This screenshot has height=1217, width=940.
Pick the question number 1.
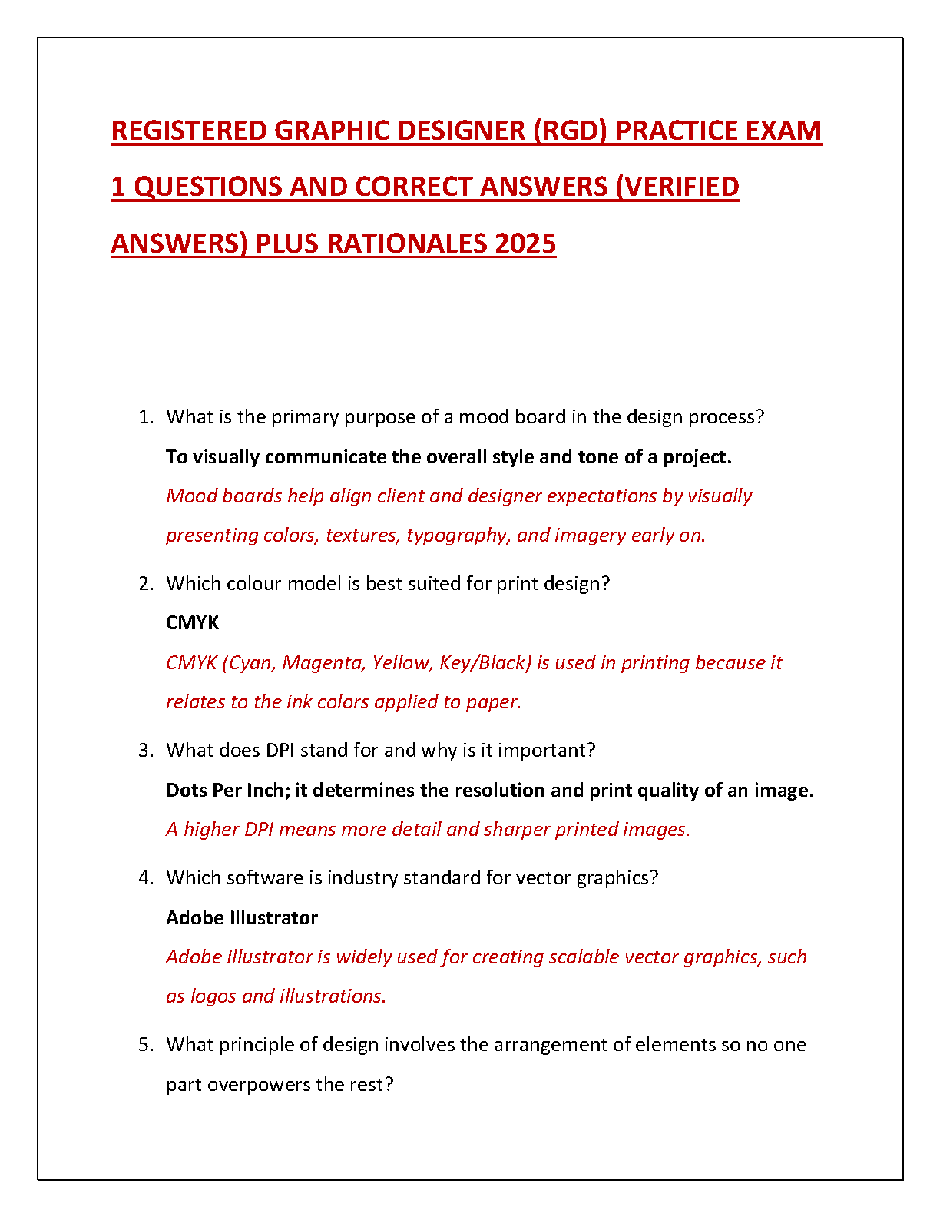coord(145,417)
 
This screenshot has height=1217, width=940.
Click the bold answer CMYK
coord(192,622)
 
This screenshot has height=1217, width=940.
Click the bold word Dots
coord(187,790)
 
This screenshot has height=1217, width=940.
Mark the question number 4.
coord(145,878)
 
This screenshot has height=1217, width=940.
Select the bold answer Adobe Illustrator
coord(242,917)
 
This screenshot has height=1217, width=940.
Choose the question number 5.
coord(145,1045)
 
